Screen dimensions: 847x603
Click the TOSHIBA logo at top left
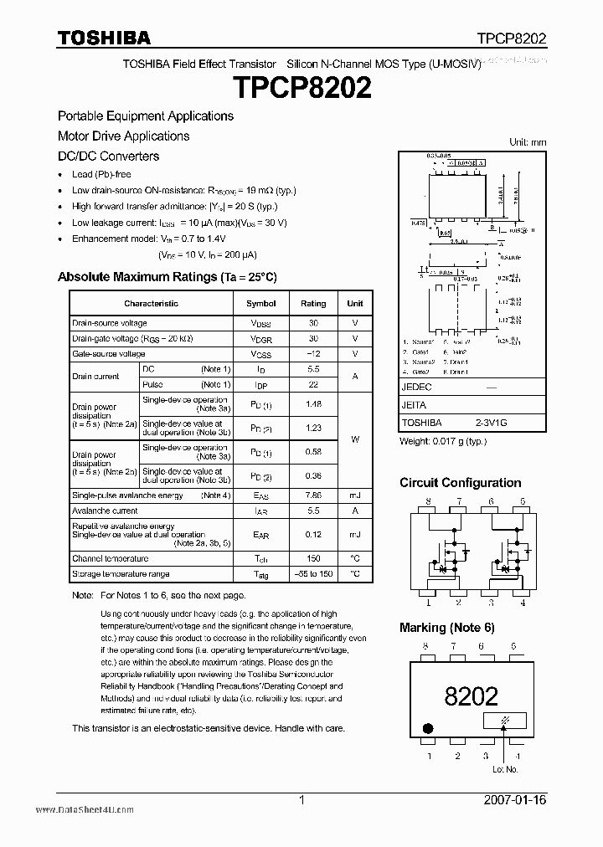click(104, 37)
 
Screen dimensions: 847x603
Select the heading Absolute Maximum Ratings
click(167, 276)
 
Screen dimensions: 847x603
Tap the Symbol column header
click(260, 304)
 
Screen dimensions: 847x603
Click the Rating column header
click(313, 304)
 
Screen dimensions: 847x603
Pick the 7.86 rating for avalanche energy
click(313, 495)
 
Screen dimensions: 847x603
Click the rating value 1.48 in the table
click(313, 405)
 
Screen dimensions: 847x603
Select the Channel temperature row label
click(111, 558)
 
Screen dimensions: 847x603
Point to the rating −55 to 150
click(313, 574)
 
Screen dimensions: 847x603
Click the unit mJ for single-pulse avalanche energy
click(355, 495)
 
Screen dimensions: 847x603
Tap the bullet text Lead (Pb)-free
click(101, 175)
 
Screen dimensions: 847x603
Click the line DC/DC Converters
click(108, 156)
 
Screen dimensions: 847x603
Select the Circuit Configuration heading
click(460, 483)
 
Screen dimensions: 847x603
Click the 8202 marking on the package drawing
click(472, 696)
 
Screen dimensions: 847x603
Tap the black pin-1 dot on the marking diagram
click(429, 727)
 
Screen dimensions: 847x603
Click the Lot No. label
click(505, 768)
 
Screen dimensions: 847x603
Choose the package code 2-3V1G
click(491, 423)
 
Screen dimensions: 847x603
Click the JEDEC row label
click(416, 388)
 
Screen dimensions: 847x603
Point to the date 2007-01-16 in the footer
click(515, 800)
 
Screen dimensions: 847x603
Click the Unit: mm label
click(528, 142)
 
